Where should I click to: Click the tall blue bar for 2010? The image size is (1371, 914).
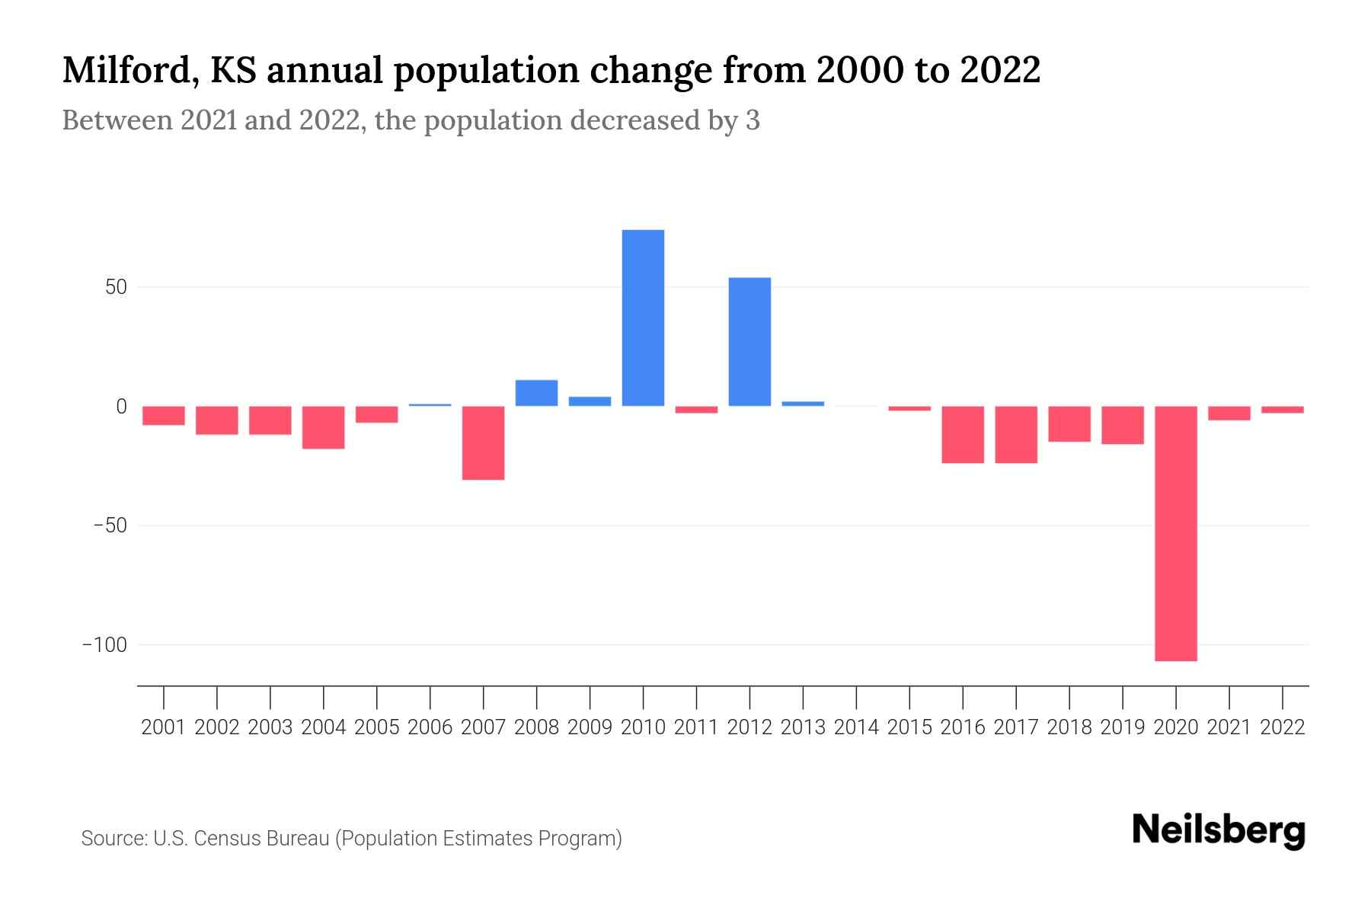(x=643, y=318)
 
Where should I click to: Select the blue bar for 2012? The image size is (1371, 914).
(x=749, y=341)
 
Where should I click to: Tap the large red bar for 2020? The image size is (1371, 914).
(x=1175, y=533)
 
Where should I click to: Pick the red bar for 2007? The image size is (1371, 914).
(x=483, y=443)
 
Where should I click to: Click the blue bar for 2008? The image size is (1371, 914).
(x=536, y=393)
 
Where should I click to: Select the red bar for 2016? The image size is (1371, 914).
(x=963, y=434)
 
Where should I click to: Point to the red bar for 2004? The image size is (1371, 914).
(x=324, y=427)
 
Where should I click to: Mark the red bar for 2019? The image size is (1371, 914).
(x=1122, y=425)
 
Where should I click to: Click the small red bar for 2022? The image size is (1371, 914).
(x=1282, y=410)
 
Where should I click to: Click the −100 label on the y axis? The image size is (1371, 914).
(x=104, y=645)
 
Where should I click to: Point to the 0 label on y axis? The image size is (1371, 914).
(x=121, y=407)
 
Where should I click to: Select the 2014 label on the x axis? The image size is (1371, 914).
(x=856, y=727)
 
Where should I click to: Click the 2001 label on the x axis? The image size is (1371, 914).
(x=164, y=727)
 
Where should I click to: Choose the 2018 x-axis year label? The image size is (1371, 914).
(x=1069, y=727)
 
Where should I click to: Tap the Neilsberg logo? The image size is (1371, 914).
(x=1219, y=831)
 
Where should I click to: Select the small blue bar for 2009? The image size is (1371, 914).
(x=590, y=401)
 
